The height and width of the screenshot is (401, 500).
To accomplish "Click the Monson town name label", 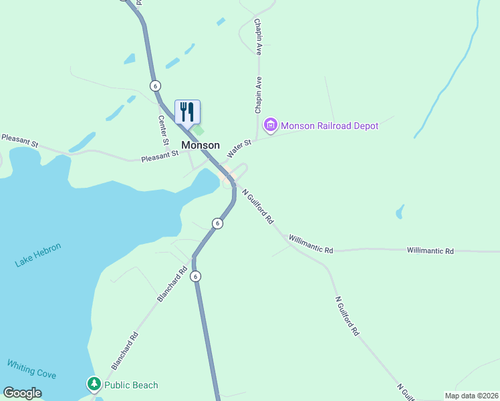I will (x=201, y=145).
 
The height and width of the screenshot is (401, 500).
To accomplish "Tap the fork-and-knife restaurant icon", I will (x=187, y=111).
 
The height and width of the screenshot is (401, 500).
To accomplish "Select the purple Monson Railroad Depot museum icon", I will (x=271, y=125).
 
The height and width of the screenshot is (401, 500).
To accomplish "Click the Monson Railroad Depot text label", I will (x=330, y=126).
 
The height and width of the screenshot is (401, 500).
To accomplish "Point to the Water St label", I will (x=239, y=148).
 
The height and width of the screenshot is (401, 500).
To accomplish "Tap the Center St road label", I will (x=162, y=131).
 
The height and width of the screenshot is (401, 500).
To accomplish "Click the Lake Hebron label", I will (x=38, y=255).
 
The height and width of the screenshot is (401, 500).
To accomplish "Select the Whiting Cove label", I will (x=31, y=370).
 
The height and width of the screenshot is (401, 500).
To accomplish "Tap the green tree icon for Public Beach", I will (x=94, y=384).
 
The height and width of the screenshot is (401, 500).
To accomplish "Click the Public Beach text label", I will (x=131, y=385).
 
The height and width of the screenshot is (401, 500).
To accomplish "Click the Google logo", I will (x=22, y=393).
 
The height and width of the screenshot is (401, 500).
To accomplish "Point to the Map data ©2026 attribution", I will (x=471, y=396).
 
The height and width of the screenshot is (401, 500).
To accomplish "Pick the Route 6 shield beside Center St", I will (x=155, y=86).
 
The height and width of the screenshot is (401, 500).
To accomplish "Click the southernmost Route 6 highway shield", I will (x=195, y=275).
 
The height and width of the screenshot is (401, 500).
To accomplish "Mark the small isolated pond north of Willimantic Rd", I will (x=400, y=212).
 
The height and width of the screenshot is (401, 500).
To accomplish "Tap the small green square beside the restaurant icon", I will (x=198, y=130).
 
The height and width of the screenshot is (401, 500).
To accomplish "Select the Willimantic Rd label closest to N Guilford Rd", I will (x=310, y=244).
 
